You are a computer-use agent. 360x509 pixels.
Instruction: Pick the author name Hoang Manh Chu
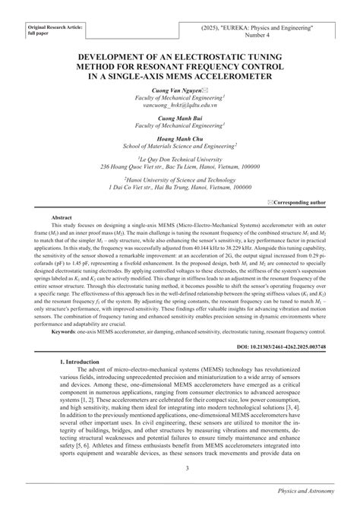(x=180, y=140)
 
